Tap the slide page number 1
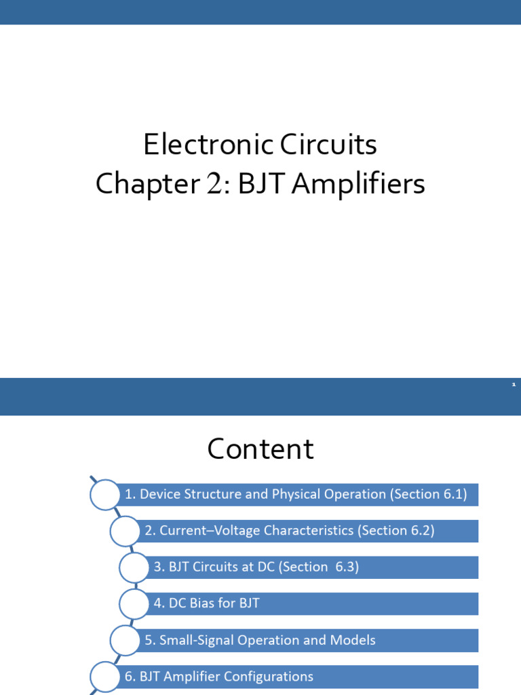[x=514, y=385]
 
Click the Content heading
[x=260, y=449]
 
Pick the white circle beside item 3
[x=134, y=567]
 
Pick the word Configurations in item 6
[x=269, y=677]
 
